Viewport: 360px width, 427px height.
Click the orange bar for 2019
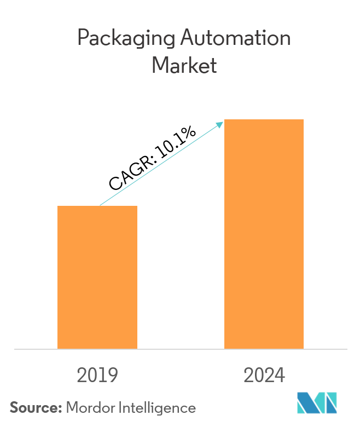(x=97, y=277)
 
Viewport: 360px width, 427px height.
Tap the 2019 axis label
(x=97, y=376)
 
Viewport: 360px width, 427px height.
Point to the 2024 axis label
(x=264, y=376)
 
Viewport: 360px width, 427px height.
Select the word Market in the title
(x=184, y=66)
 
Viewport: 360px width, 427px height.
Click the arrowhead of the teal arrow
(x=220, y=124)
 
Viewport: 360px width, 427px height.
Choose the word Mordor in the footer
(x=90, y=408)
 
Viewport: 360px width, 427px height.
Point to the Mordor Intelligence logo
(x=317, y=403)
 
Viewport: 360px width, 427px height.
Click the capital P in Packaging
(x=83, y=38)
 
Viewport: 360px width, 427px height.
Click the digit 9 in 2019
(x=113, y=376)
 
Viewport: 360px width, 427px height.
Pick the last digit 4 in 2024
(x=280, y=376)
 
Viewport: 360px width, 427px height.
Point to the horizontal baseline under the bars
(x=181, y=349)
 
